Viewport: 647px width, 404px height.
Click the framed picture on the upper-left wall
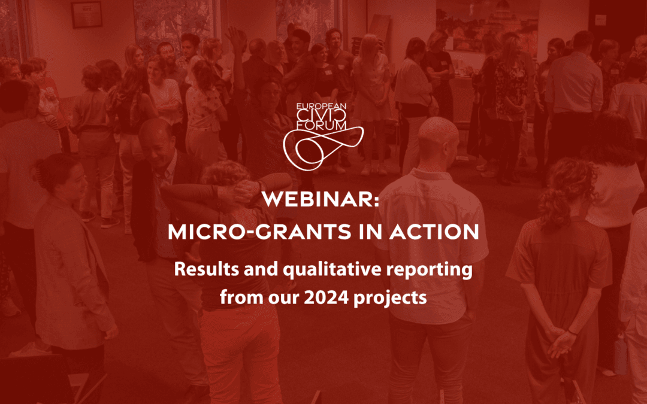click(x=86, y=14)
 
